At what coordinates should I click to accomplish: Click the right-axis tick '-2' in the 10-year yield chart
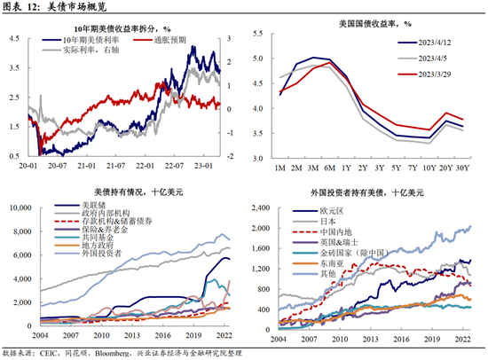click(x=230, y=156)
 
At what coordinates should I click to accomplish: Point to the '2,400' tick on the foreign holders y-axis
click(x=264, y=207)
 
